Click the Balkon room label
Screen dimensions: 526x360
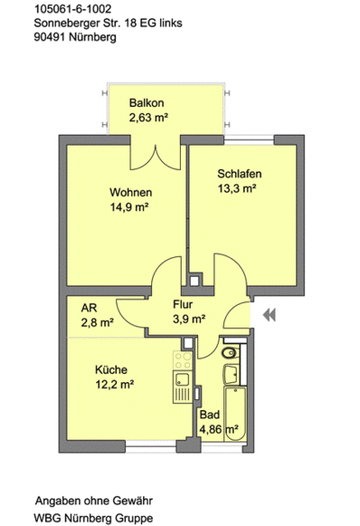[x=145, y=103]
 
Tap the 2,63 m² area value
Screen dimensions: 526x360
[x=148, y=118]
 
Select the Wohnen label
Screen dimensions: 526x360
[x=130, y=192]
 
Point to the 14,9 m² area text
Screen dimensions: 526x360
[x=130, y=208]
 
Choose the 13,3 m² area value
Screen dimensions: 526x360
[x=238, y=188]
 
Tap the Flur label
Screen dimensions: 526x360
[x=184, y=304]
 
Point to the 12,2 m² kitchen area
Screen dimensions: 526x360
[x=115, y=384]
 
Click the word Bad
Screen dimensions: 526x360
[x=208, y=415]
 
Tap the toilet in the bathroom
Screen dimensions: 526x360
[x=229, y=352]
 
